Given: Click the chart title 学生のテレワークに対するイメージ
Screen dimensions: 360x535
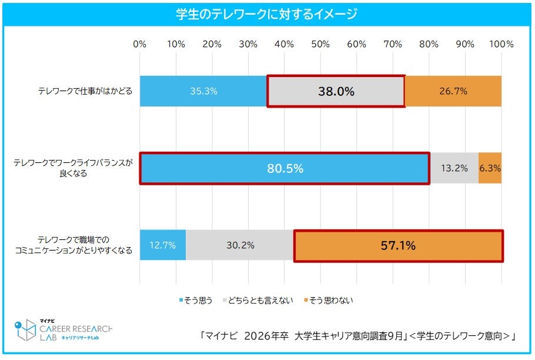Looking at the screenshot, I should click(267, 14).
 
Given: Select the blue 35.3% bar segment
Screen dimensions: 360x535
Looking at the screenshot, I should click(203, 91).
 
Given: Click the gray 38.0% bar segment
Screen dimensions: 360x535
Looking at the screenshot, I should click(336, 91).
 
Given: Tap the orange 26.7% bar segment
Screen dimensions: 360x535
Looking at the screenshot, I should click(453, 91).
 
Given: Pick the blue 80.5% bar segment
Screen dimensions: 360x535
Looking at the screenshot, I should click(285, 169).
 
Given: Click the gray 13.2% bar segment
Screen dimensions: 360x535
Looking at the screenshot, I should click(454, 169).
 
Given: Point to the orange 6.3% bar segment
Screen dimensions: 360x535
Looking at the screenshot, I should click(490, 169).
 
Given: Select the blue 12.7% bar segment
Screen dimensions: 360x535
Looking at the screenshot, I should click(163, 245).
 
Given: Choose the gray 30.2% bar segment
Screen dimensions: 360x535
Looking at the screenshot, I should click(240, 245).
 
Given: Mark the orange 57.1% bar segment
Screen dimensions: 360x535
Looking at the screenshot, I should click(398, 245).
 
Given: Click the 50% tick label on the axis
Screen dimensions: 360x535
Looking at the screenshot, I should click(320, 45).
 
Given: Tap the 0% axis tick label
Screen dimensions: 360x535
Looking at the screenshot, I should click(140, 45).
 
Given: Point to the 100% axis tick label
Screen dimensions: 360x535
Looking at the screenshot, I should click(501, 45).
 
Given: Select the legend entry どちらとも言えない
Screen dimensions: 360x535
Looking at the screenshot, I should click(259, 300).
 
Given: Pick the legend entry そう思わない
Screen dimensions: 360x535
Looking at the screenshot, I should click(329, 300).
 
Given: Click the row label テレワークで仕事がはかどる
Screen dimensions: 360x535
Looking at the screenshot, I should click(85, 91).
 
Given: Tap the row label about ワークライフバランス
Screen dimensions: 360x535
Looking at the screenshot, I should click(73, 169).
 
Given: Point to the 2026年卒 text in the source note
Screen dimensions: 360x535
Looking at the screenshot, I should click(265, 336).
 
